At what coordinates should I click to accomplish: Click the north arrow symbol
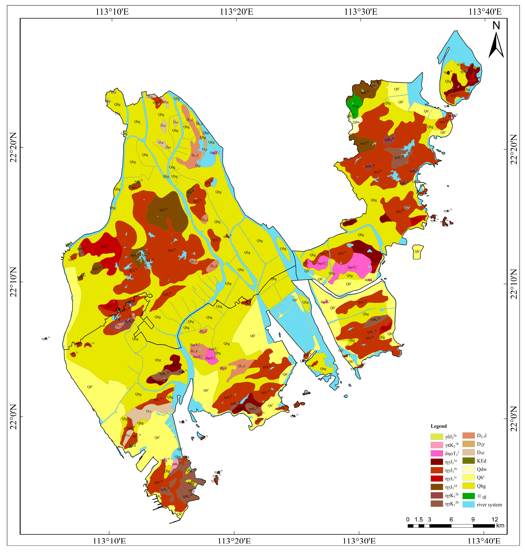pos(496,45)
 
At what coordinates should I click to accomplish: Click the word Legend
pos(439,426)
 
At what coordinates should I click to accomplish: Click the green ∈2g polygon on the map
pos(355,104)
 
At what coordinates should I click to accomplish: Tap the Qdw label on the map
pos(356,122)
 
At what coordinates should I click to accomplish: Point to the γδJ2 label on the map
pos(350,115)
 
